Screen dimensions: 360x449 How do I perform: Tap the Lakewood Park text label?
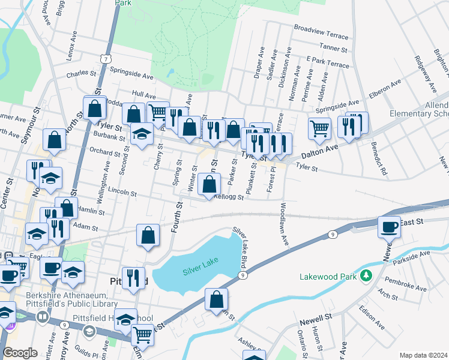pyautogui.click(x=328, y=277)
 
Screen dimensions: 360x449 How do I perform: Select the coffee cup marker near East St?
pyautogui.click(x=389, y=227)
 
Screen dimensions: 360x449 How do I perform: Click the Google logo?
pyautogui.click(x=20, y=353)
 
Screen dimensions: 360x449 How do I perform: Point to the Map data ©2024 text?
pyautogui.click(x=423, y=355)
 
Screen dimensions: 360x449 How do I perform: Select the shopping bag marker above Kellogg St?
pyautogui.click(x=208, y=184)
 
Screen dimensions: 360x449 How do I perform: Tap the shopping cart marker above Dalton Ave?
pyautogui.click(x=319, y=127)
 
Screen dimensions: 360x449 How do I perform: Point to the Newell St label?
pyautogui.click(x=316, y=316)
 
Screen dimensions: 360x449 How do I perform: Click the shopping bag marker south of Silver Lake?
pyautogui.click(x=217, y=299)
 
